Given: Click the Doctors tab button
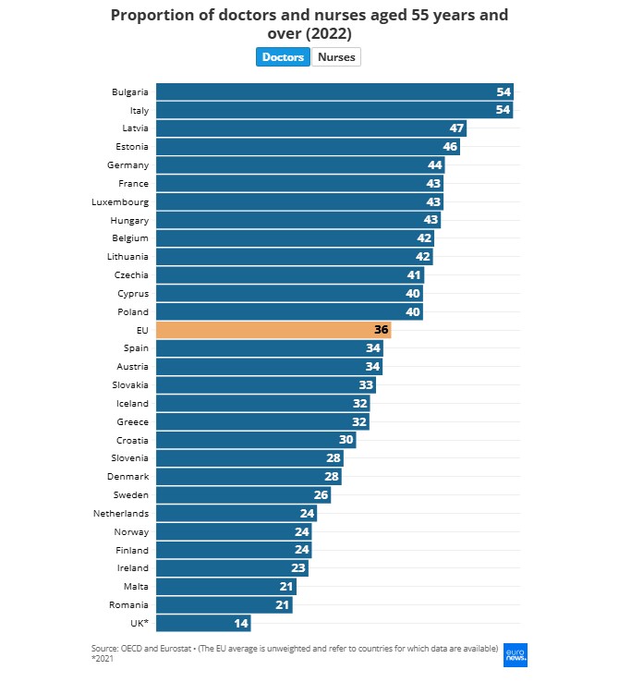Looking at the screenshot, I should [283, 57].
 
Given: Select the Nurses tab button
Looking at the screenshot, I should [336, 57].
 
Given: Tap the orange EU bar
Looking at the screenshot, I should [273, 330].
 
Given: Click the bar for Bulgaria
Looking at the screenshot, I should [334, 91].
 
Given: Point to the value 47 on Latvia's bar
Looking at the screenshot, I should [456, 128].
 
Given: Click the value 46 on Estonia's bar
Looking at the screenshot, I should [450, 147].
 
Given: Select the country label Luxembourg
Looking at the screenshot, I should [120, 201].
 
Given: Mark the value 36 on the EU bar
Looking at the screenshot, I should [381, 330].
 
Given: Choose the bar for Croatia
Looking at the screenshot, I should [256, 440].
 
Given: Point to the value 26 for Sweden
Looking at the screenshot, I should [321, 494].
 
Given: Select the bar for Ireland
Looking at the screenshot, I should [232, 568].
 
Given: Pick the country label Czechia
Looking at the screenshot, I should [130, 274].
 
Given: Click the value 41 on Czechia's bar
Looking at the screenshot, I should [414, 274].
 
